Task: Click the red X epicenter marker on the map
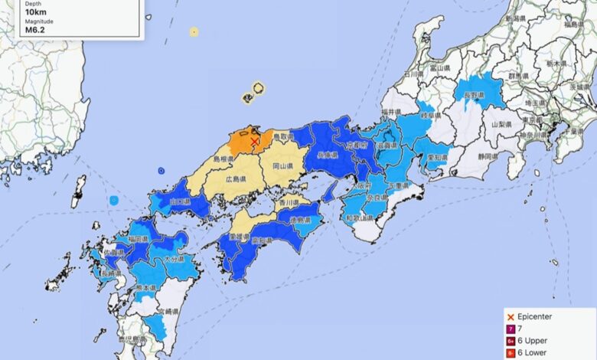pyautogui.click(x=254, y=141)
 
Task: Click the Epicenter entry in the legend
pyautogui.click(x=537, y=316)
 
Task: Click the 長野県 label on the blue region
pyautogui.click(x=475, y=95)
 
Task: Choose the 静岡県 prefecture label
pyautogui.click(x=483, y=156)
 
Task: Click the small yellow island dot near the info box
pyautogui.click(x=194, y=31)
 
